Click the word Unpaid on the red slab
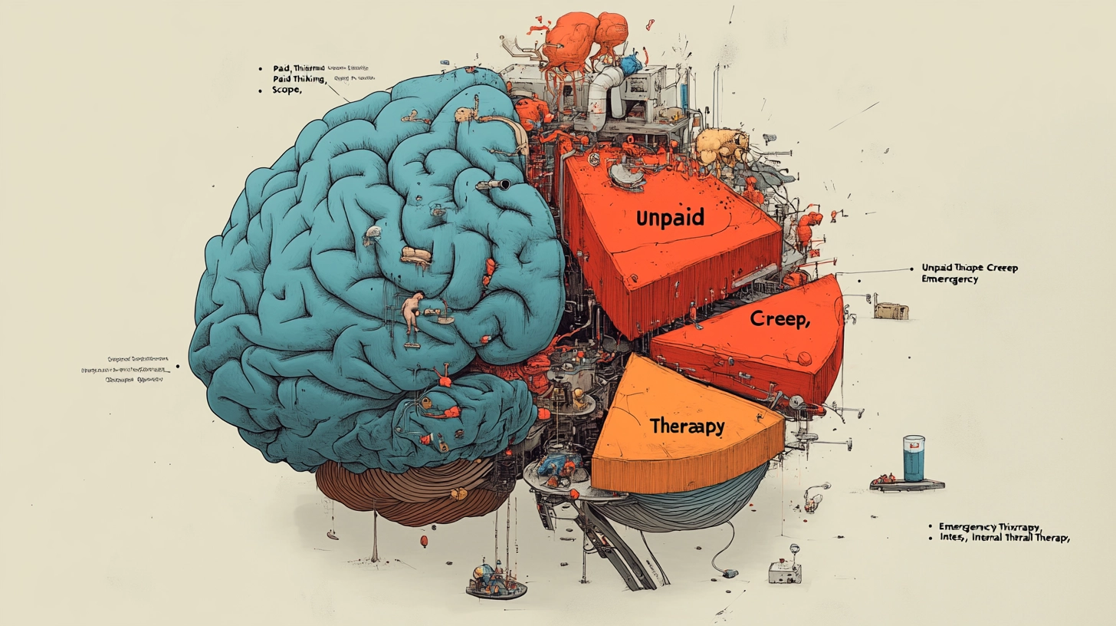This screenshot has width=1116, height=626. [670, 218]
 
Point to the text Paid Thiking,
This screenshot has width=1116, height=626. [299, 79]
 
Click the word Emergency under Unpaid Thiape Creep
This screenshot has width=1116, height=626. [950, 279]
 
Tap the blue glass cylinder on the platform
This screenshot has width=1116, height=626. [914, 458]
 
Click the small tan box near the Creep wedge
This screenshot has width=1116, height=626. [891, 311]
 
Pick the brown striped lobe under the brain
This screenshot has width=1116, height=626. [406, 491]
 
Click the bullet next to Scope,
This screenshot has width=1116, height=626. [261, 91]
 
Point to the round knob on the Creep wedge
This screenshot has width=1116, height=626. [803, 358]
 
